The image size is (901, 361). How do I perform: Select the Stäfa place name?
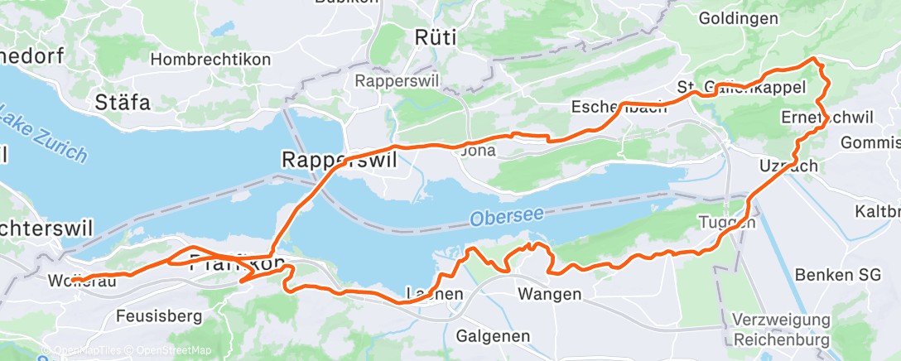123,103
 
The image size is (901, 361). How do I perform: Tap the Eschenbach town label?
619,107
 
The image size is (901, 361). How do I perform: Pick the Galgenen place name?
494,335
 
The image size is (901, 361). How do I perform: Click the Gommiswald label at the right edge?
870,142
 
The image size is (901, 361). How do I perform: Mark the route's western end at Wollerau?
73,280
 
